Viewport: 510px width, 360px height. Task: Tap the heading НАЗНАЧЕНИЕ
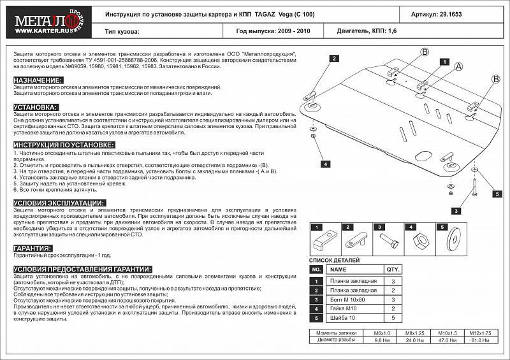point(38,80)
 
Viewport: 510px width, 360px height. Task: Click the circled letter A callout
point(458,66)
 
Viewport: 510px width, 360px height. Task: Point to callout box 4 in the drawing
point(324,164)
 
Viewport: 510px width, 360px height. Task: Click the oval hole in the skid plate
point(421,155)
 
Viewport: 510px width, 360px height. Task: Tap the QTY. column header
point(393,270)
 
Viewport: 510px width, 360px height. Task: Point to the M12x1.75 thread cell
point(480,333)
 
